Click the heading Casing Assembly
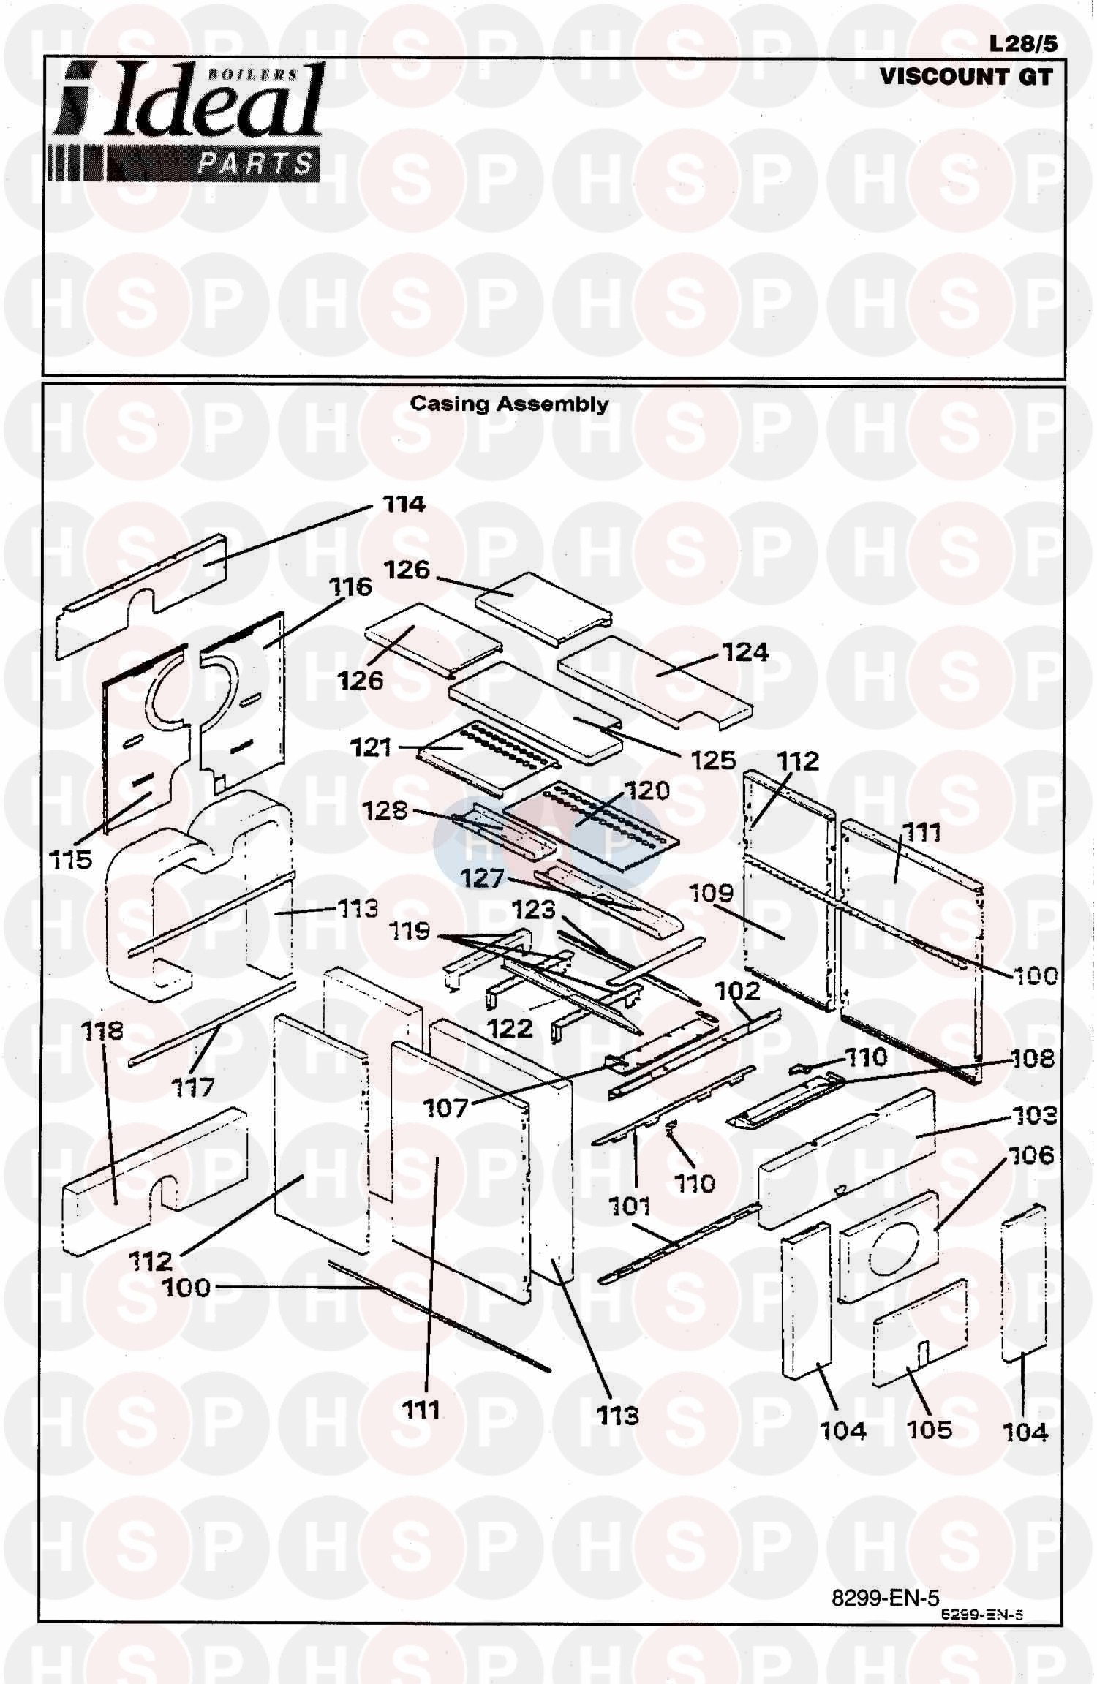[509, 404]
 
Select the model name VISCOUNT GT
[965, 77]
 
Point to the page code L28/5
[1023, 44]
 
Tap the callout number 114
[404, 504]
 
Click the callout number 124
[745, 652]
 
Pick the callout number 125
[713, 760]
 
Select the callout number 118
[102, 1031]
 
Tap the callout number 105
[930, 1429]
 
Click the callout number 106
[1031, 1155]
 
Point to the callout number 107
[445, 1109]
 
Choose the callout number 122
[510, 1028]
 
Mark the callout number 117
[193, 1087]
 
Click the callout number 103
[1034, 1115]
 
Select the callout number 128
[385, 810]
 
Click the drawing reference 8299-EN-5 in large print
[885, 1598]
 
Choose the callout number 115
[71, 860]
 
